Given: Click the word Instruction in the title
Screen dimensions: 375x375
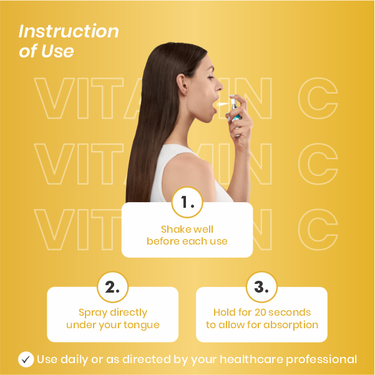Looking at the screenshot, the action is coord(69,31).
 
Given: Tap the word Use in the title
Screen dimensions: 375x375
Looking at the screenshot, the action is coord(57,51).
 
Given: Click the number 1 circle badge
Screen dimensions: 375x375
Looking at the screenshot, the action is coord(187,202).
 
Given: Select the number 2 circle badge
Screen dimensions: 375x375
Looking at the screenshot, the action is coord(113,287).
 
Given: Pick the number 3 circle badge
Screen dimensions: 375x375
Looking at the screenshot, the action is coord(261,287).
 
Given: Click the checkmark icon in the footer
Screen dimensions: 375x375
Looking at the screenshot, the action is coord(26,359).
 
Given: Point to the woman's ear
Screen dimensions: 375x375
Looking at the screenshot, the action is coord(182,84).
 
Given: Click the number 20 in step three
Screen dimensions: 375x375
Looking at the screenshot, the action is coord(260,313).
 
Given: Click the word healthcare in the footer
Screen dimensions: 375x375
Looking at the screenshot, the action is coord(251,359).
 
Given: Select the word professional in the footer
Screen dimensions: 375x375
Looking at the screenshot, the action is coord(321,360).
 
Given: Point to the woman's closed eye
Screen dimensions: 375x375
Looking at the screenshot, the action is coord(211,77).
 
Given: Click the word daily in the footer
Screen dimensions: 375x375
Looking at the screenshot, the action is coord(74,359).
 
